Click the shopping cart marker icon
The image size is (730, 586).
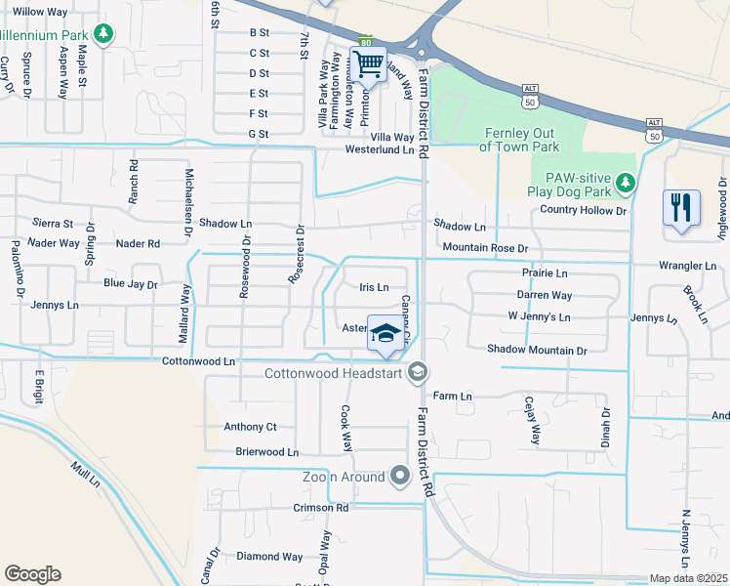click(368, 64)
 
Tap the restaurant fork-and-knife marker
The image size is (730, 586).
click(681, 208)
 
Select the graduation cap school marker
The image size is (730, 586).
click(385, 334)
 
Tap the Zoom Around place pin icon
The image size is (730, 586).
click(399, 477)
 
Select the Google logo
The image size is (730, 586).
click(32, 574)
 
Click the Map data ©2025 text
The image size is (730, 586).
click(688, 578)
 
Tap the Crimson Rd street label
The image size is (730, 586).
click(321, 508)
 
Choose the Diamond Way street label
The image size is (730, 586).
click(269, 557)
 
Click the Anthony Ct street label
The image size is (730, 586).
click(251, 427)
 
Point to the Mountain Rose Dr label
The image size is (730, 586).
click(484, 249)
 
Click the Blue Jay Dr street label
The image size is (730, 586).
click(131, 284)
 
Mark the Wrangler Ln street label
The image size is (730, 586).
click(686, 266)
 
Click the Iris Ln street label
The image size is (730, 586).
click(374, 287)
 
